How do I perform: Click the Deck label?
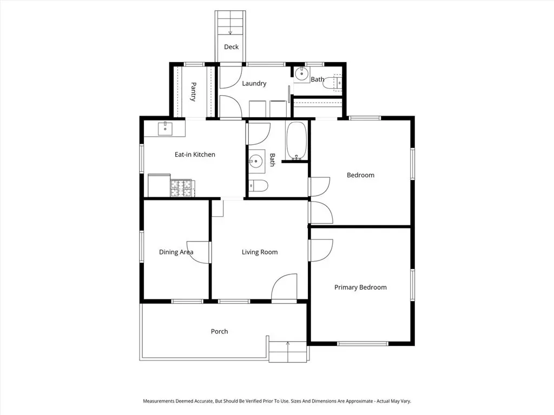click(x=231, y=47)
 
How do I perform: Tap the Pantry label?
click(x=193, y=92)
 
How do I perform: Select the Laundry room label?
click(x=254, y=84)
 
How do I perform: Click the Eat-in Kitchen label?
click(x=195, y=155)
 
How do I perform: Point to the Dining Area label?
click(x=176, y=252)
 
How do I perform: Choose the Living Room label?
click(x=260, y=252)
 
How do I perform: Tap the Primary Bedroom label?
click(x=360, y=287)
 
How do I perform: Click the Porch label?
click(x=220, y=331)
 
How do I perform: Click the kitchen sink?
click(x=165, y=129)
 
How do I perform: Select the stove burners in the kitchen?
click(x=181, y=188)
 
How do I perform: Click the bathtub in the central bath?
click(x=296, y=141)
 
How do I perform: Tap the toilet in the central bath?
click(x=258, y=186)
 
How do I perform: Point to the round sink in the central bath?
click(x=255, y=162)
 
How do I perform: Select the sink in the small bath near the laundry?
click(x=302, y=74)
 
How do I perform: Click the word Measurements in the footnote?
click(x=159, y=401)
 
